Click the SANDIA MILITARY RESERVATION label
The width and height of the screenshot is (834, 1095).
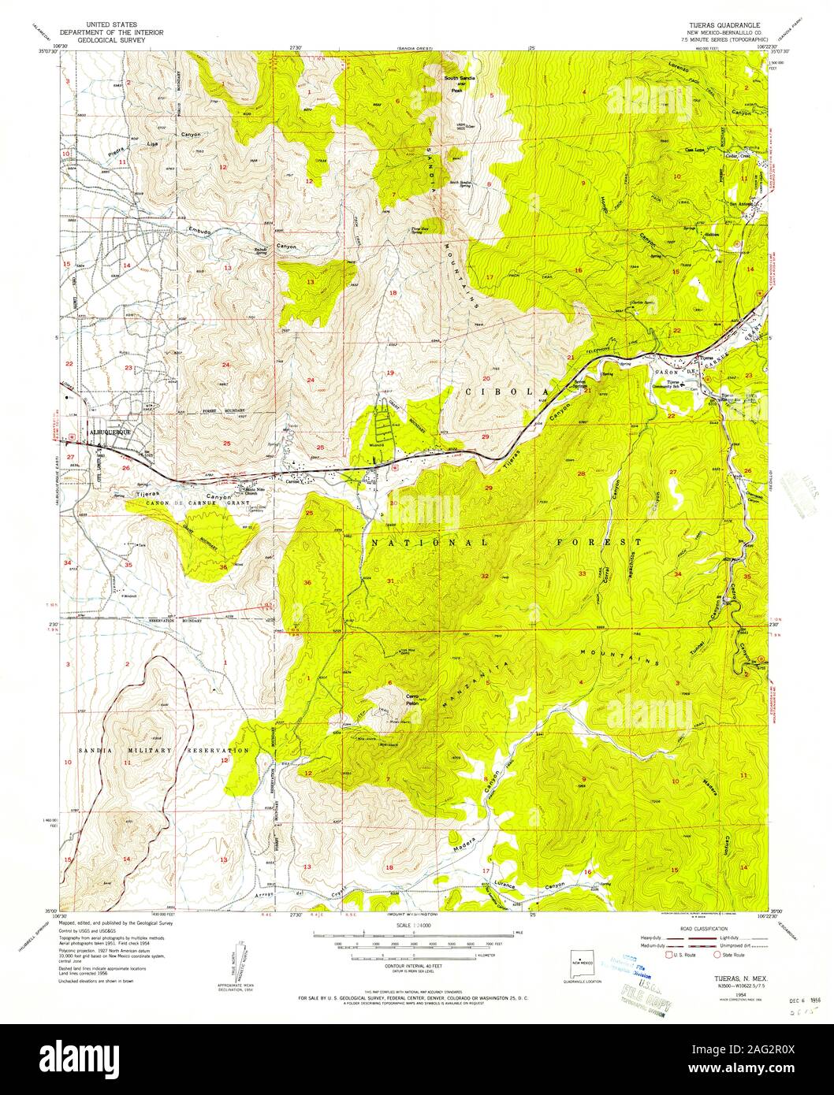click(163, 751)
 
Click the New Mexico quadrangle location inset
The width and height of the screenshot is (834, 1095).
click(584, 963)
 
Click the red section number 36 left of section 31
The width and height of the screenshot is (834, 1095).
click(307, 582)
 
